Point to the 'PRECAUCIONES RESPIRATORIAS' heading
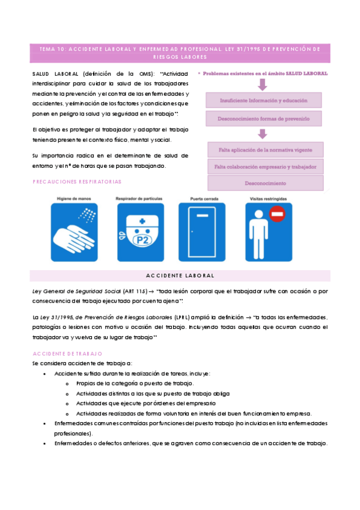[76, 181]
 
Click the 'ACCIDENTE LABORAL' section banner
[180, 275]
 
